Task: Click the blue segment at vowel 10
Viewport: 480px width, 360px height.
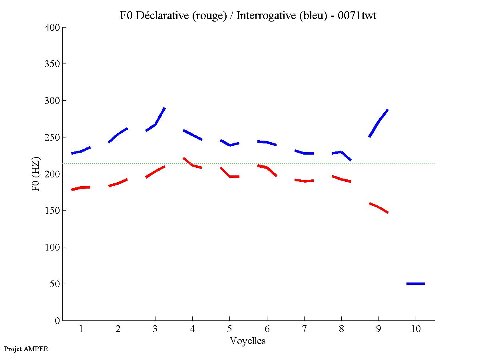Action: point(416,284)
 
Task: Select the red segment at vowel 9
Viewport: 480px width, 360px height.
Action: point(378,207)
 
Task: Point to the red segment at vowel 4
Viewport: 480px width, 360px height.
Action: point(193,165)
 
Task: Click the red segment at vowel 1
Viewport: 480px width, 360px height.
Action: point(81,188)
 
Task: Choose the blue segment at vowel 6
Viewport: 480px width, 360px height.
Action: point(267,142)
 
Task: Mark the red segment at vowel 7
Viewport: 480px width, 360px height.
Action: point(304,181)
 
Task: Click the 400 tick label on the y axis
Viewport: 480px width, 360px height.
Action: point(52,28)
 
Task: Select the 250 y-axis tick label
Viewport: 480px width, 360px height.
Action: point(52,137)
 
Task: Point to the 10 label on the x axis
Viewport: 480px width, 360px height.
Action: point(416,329)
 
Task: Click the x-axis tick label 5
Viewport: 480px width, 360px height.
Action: point(229,329)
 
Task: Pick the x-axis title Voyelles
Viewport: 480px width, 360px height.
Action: point(248,341)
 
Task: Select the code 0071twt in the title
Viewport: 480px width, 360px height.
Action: point(356,16)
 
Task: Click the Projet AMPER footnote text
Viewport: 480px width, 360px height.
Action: point(26,349)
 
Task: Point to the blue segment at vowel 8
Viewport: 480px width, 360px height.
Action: point(341,154)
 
